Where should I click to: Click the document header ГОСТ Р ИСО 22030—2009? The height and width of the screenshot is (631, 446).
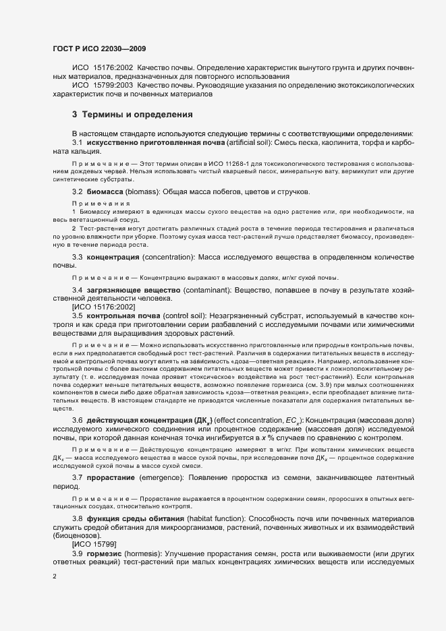tap(99, 49)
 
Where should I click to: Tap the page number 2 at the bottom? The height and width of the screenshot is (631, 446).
tap(55, 576)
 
